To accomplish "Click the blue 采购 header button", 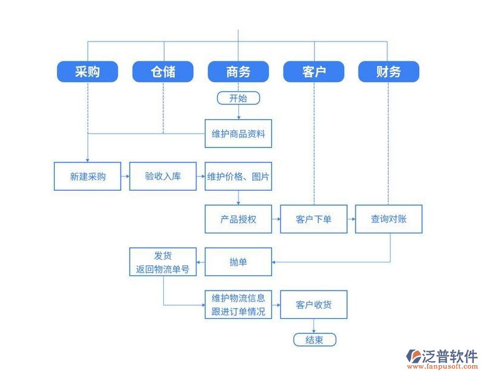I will click(88, 72).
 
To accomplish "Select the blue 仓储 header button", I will click(163, 72).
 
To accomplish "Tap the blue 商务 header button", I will click(238, 72).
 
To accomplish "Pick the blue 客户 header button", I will click(313, 72).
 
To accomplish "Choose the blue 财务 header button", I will click(389, 72).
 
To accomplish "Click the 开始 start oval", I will click(238, 98).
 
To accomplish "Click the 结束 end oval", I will click(314, 340).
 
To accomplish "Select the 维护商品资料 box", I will click(238, 134).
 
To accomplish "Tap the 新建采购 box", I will click(88, 176).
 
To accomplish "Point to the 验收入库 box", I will click(163, 176).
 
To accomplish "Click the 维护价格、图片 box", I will click(238, 176).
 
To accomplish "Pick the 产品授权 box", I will click(238, 219).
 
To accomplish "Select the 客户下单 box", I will click(313, 219).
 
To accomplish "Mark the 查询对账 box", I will click(389, 219).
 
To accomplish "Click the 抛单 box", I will click(238, 262).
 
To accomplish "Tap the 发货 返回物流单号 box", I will click(163, 262).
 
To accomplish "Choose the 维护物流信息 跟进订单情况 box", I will click(238, 304).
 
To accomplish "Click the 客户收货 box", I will click(313, 304).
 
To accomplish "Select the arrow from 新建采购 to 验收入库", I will click(125, 176).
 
